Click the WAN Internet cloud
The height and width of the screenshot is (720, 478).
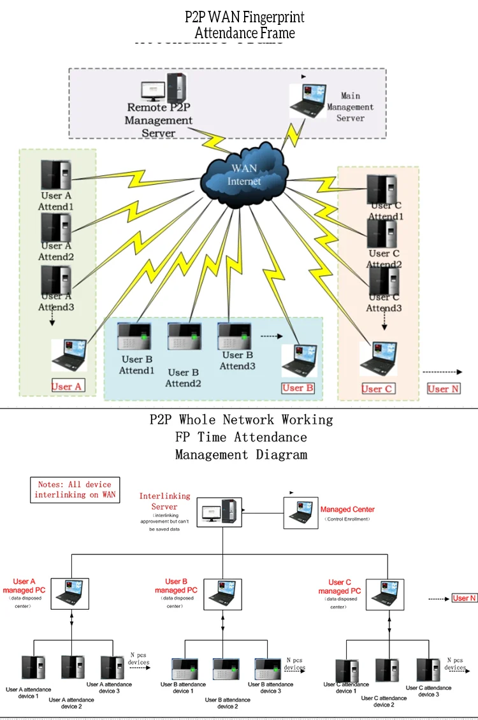pyautogui.click(x=244, y=173)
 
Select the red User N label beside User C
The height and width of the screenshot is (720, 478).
pyautogui.click(x=443, y=389)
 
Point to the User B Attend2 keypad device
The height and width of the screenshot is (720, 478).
pyautogui.click(x=184, y=336)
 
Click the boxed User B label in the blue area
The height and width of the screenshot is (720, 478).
pyautogui.click(x=298, y=387)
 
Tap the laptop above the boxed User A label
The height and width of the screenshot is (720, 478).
pyautogui.click(x=69, y=356)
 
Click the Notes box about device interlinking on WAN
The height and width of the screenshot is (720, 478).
pyautogui.click(x=75, y=490)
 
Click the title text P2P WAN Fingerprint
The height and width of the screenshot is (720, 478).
pyautogui.click(x=245, y=17)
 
